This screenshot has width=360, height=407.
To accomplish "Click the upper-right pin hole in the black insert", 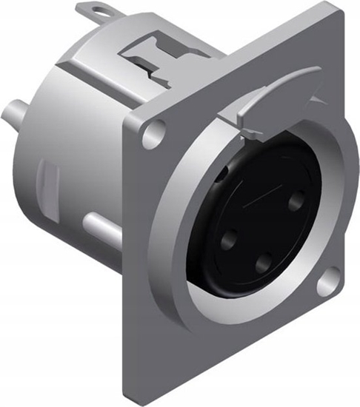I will coord(298,199).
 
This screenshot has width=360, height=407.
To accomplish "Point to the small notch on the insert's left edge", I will coord(222,176).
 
